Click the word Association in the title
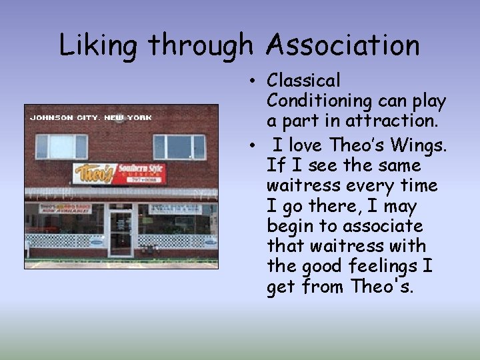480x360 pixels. pos(343,45)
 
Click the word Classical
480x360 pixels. pos(303,81)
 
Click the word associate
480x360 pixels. pos(379,225)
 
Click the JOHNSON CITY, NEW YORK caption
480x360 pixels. pos(91,117)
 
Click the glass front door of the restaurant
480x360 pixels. pos(121,233)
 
